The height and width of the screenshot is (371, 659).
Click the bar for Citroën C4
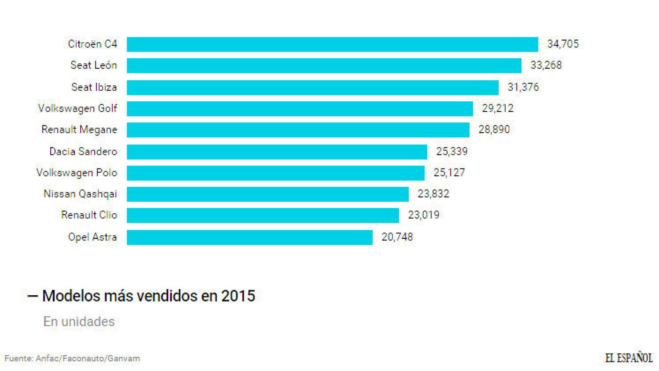pyautogui.click(x=332, y=44)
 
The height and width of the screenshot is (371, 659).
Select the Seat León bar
pyautogui.click(x=324, y=66)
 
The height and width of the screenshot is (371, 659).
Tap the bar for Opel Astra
pyautogui.click(x=250, y=237)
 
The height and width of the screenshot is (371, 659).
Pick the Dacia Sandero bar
pyautogui.click(x=277, y=152)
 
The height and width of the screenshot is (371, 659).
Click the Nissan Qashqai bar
pyautogui.click(x=267, y=194)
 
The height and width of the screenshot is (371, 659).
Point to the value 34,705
pyautogui.click(x=563, y=44)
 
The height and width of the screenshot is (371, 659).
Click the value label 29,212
pyautogui.click(x=498, y=109)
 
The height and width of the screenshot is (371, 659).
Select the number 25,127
pyautogui.click(x=449, y=173)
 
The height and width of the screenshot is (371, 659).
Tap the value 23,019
pyautogui.click(x=423, y=215)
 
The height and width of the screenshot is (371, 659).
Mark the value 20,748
pyautogui.click(x=397, y=237)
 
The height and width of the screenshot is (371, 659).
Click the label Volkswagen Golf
pyautogui.click(x=77, y=109)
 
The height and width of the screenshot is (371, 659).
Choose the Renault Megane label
pyautogui.click(x=79, y=130)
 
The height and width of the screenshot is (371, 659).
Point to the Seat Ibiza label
pyautogui.click(x=94, y=87)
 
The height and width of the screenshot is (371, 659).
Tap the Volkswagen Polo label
pyautogui.click(x=76, y=173)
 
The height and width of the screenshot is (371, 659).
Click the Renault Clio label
pyautogui.click(x=89, y=215)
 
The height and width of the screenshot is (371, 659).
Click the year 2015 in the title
pyautogui.click(x=238, y=296)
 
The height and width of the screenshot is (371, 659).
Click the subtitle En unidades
pyautogui.click(x=79, y=322)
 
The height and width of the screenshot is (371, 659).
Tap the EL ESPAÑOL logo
pyautogui.click(x=628, y=358)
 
